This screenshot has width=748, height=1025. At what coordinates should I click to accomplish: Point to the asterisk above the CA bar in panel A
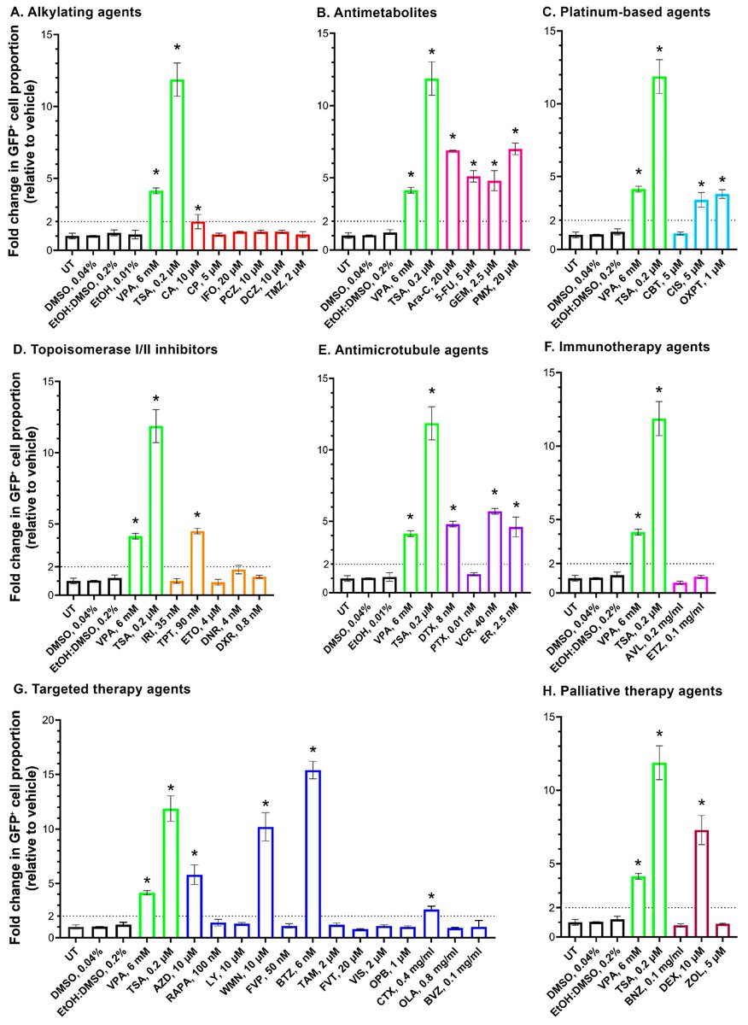197,209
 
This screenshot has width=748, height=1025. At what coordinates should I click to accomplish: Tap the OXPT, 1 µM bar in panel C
722,222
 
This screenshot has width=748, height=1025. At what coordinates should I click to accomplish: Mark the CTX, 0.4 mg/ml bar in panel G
431,923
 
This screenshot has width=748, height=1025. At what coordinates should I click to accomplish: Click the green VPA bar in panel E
411,563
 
